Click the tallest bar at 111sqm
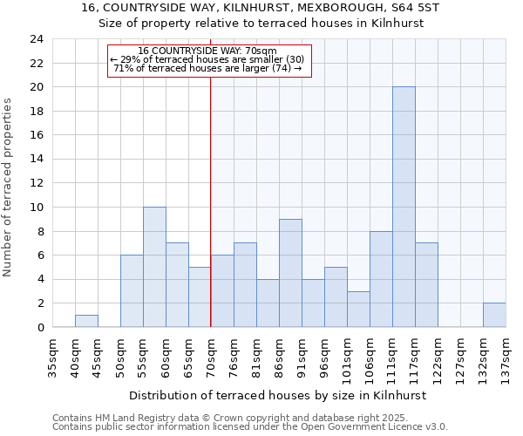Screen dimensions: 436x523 [x=404, y=207]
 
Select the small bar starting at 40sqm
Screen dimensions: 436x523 [x=86, y=321]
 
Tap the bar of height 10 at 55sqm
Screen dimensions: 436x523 [x=154, y=267]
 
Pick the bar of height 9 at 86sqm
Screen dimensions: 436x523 [x=290, y=273]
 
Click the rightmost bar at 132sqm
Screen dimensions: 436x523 [x=494, y=315]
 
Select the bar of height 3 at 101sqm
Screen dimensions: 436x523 [x=358, y=309]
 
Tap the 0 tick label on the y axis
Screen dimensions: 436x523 [x=39, y=327]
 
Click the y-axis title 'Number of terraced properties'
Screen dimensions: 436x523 [x=9, y=187]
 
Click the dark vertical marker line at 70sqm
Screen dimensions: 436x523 [x=211, y=201]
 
